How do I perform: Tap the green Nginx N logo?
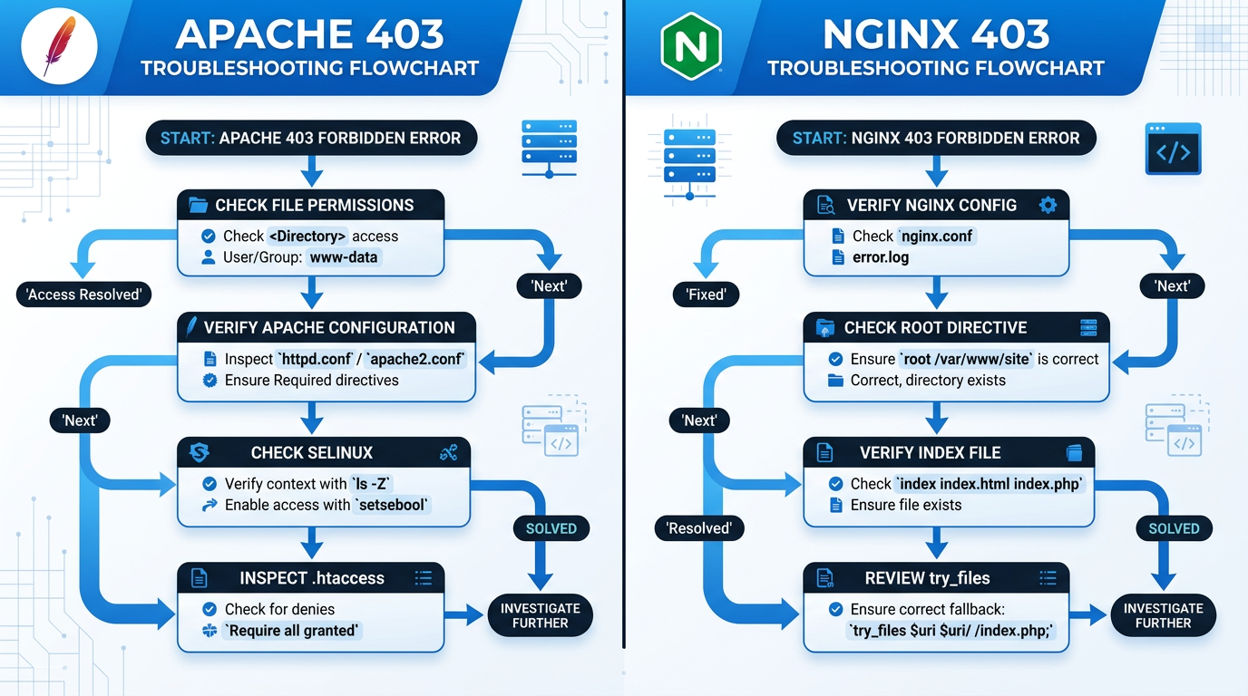click(691, 46)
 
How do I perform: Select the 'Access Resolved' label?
click(83, 295)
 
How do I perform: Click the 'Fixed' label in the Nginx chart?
click(706, 295)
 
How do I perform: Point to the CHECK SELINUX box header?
click(311, 452)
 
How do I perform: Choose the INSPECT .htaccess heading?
click(311, 578)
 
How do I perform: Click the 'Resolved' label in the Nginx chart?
click(698, 528)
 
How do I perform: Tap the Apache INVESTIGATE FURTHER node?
click(540, 616)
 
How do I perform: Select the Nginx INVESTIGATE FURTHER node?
click(1163, 616)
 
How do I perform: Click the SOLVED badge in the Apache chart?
click(551, 528)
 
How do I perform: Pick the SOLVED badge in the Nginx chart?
click(1174, 528)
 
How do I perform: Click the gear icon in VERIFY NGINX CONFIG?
click(1048, 206)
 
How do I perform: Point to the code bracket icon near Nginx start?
click(1173, 150)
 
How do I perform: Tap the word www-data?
click(345, 257)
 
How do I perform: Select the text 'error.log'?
click(881, 257)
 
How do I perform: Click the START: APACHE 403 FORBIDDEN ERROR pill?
click(311, 139)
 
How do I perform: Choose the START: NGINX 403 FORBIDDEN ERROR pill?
click(936, 139)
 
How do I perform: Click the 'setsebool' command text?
click(391, 505)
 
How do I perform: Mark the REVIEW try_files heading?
click(927, 578)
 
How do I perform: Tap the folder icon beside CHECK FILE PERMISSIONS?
click(198, 206)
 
